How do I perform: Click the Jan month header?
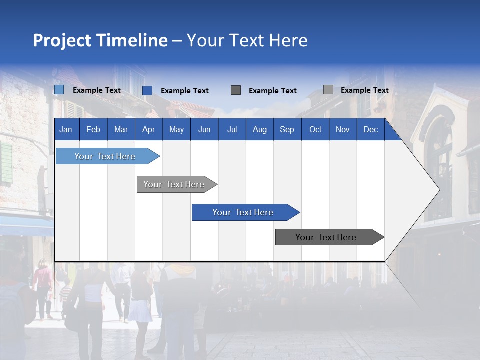click(x=66, y=130)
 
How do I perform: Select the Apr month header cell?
click(x=148, y=130)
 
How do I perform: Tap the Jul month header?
click(x=232, y=130)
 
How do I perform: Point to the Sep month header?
click(x=287, y=130)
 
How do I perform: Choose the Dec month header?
click(x=370, y=130)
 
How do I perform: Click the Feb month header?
click(x=93, y=130)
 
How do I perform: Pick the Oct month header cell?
click(x=315, y=130)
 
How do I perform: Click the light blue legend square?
click(x=59, y=90)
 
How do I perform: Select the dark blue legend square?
click(x=147, y=90)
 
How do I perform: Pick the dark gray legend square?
click(x=236, y=90)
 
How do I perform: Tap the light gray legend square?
click(x=328, y=90)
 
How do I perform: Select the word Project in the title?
click(x=62, y=40)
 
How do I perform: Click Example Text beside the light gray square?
click(x=364, y=90)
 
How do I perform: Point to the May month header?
click(x=176, y=130)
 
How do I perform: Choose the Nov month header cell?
click(x=343, y=130)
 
